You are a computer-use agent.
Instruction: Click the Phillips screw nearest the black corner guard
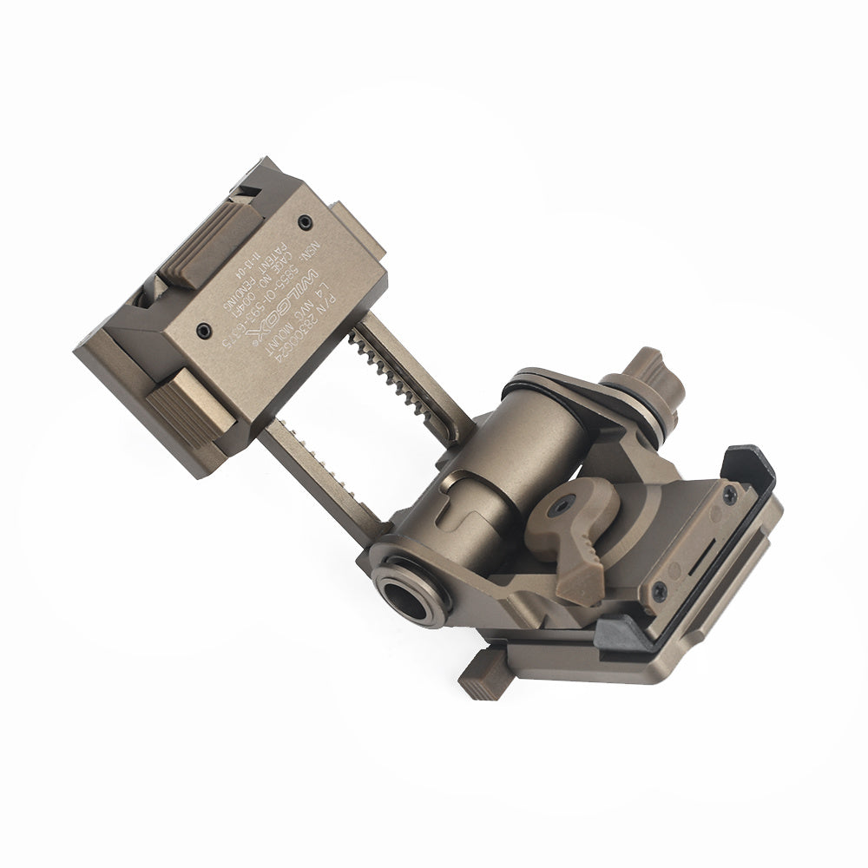[x=729, y=493]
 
